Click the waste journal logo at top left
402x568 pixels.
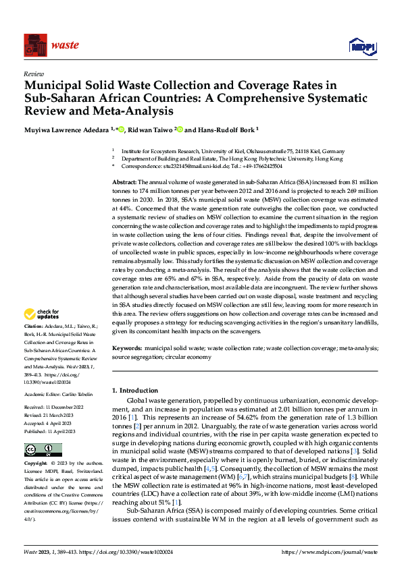(x=51, y=45)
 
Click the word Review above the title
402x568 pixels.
(x=33, y=74)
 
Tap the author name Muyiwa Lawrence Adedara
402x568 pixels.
(x=69, y=130)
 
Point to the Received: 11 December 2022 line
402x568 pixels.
(x=55, y=408)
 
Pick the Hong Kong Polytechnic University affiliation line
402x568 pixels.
(x=232, y=159)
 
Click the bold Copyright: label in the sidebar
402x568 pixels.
(x=36, y=464)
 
